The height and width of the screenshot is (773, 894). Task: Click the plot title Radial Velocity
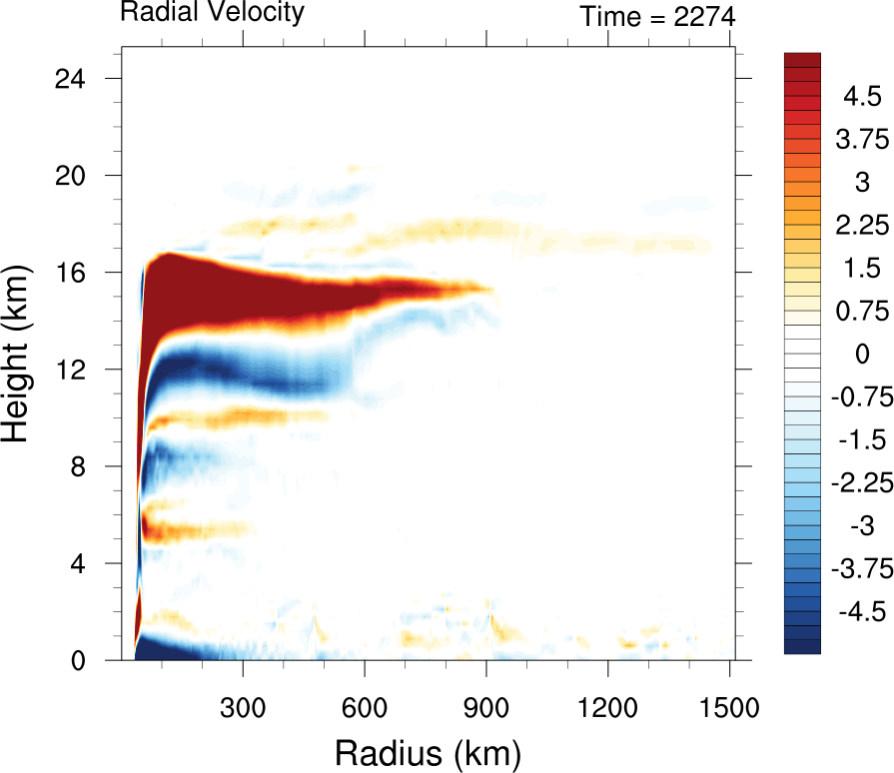click(x=212, y=12)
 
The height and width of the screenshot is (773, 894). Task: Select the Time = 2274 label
click(x=657, y=17)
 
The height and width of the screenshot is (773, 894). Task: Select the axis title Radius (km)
click(x=428, y=750)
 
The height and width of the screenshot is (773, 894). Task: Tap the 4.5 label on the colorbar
click(x=861, y=97)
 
